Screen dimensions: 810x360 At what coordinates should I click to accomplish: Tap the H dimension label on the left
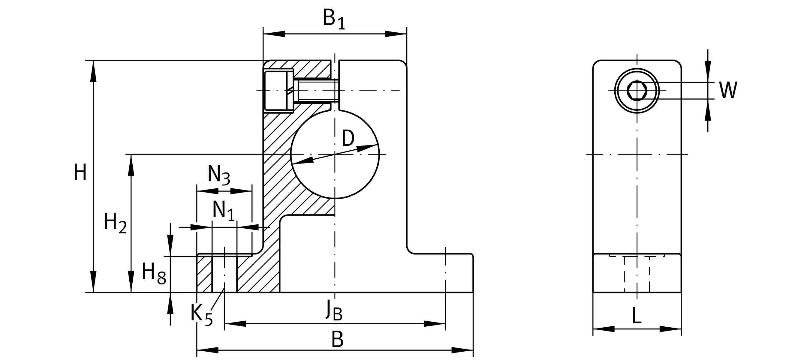(80, 172)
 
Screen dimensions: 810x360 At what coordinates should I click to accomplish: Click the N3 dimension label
(219, 175)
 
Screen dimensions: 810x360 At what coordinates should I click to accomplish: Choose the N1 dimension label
(224, 211)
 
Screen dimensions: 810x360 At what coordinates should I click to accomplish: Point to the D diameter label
(348, 138)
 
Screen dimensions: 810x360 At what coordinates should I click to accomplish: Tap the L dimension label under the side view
(637, 315)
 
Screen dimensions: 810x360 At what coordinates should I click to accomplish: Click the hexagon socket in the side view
(637, 91)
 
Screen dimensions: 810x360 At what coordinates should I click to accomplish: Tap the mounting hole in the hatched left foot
(224, 274)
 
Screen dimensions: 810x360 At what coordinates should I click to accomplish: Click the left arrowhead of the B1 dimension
(274, 34)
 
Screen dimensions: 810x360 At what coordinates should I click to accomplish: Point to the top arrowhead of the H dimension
(93, 71)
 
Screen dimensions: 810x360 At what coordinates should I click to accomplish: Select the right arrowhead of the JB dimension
(435, 323)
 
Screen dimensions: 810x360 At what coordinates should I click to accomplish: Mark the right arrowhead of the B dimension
(462, 350)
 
